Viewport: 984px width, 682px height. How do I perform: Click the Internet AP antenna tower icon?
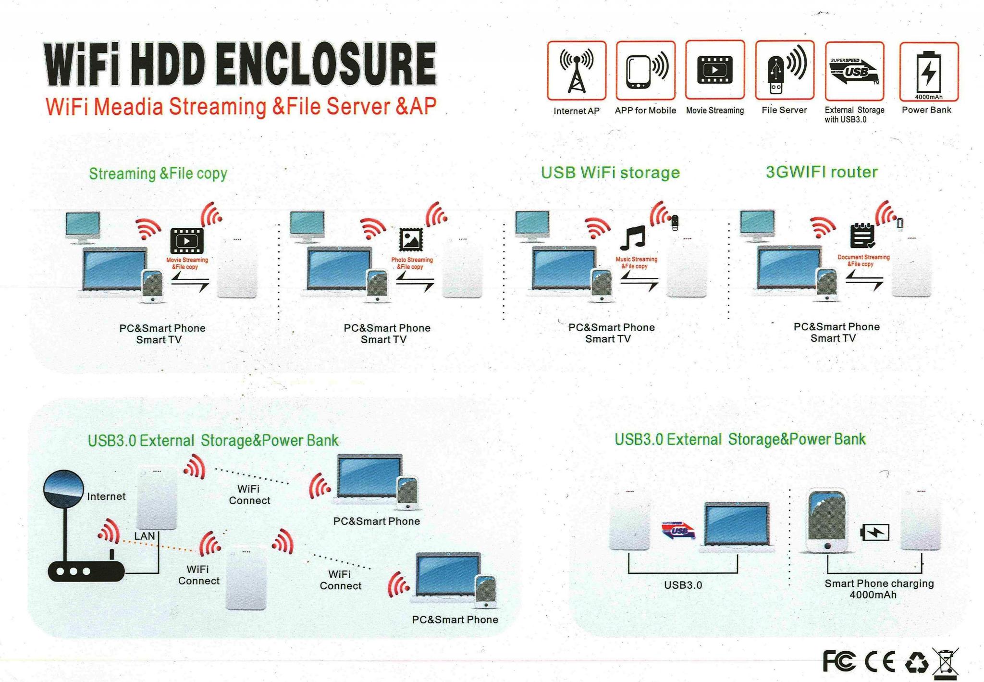(x=577, y=70)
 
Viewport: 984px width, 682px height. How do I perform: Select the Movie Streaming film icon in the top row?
(x=715, y=70)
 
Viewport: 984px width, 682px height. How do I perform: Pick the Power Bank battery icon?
(x=929, y=72)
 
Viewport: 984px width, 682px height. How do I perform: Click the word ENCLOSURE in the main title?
(x=326, y=64)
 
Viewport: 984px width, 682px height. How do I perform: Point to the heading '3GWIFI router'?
(x=822, y=172)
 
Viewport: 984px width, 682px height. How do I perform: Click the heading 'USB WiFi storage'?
(x=610, y=172)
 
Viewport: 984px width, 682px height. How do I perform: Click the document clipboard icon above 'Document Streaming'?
(x=862, y=236)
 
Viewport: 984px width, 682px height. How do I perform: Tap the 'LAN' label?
(x=145, y=536)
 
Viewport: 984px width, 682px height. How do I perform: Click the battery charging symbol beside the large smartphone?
(x=874, y=532)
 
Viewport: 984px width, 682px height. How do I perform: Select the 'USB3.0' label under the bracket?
(x=683, y=585)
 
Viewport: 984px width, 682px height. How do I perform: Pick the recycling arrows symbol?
(x=917, y=662)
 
